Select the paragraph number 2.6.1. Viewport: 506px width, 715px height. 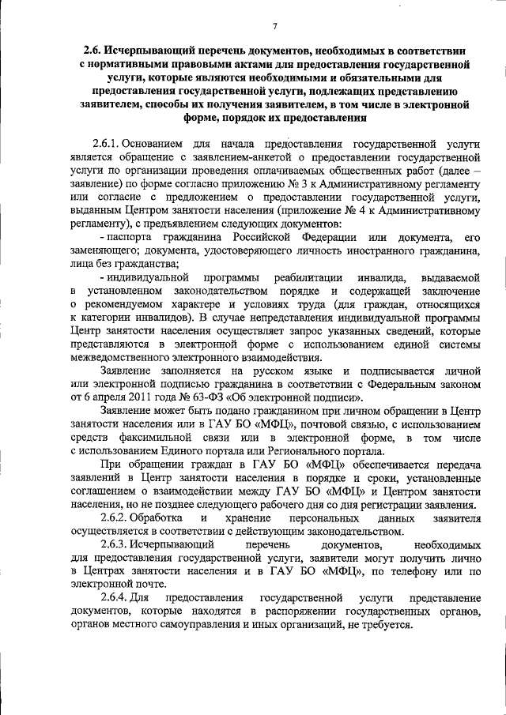tap(117, 145)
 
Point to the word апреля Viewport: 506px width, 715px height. tap(101, 396)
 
